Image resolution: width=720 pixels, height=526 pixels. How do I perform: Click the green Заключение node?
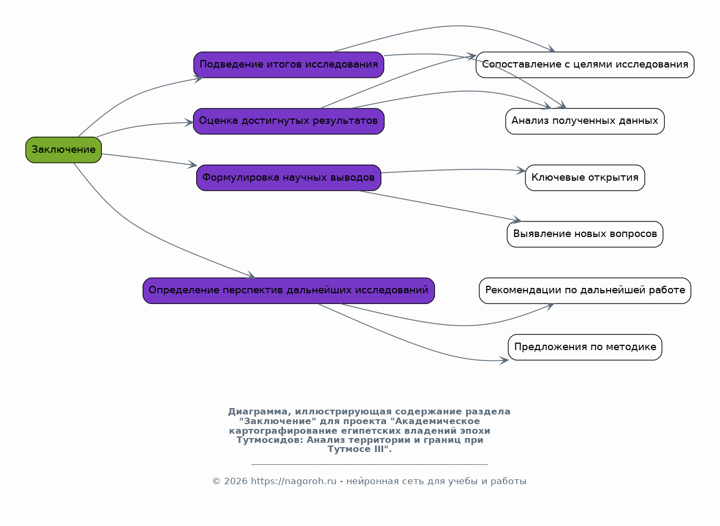click(x=64, y=150)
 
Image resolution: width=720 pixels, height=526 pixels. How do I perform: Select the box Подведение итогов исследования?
click(x=288, y=65)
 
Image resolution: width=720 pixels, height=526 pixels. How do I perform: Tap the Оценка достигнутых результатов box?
click(x=288, y=121)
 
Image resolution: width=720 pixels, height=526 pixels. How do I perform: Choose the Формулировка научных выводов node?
click(x=288, y=178)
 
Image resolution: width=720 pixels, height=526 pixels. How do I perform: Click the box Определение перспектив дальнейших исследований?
click(x=288, y=291)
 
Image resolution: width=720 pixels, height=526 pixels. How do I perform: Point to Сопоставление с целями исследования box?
click(x=585, y=65)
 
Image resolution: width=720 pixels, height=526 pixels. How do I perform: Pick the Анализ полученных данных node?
click(x=585, y=121)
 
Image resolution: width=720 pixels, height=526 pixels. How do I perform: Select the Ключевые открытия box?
click(x=585, y=178)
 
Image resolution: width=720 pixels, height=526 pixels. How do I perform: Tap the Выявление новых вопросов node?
click(x=585, y=234)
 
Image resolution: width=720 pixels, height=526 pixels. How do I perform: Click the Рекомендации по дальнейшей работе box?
click(x=585, y=291)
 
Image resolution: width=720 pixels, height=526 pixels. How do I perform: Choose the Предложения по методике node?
click(x=585, y=347)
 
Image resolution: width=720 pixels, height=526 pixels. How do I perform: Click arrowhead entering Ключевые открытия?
click(x=521, y=171)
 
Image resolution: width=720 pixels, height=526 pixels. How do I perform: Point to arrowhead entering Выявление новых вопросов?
click(x=517, y=219)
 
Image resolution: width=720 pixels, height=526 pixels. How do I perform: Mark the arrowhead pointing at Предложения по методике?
click(x=504, y=360)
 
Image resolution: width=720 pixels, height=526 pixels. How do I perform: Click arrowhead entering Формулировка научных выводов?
click(x=192, y=164)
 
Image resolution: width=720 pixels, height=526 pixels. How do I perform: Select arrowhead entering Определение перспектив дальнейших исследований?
click(x=251, y=275)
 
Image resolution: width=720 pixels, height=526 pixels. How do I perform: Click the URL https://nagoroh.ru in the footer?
click(x=293, y=481)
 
